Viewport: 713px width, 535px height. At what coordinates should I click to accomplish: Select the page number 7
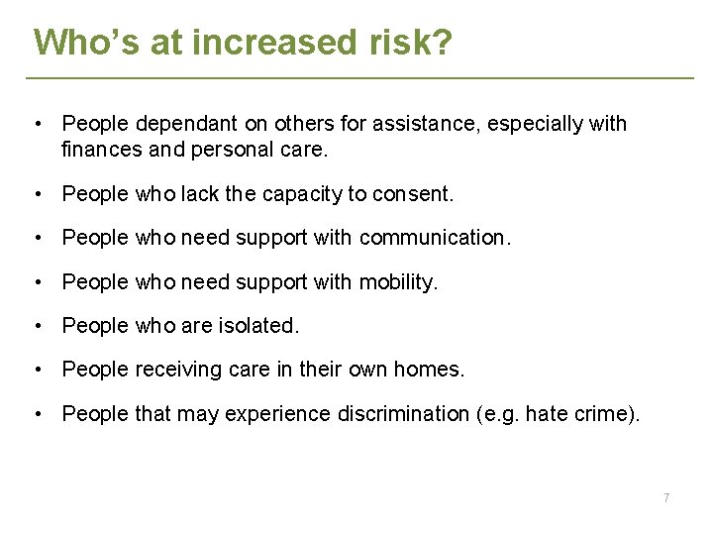665,497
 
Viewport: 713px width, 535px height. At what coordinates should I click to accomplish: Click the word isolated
262,326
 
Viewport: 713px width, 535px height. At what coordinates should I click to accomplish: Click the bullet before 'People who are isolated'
37,326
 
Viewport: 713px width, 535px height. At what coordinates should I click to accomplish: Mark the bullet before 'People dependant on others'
37,124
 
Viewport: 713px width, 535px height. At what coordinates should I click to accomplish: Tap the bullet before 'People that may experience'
37,413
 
